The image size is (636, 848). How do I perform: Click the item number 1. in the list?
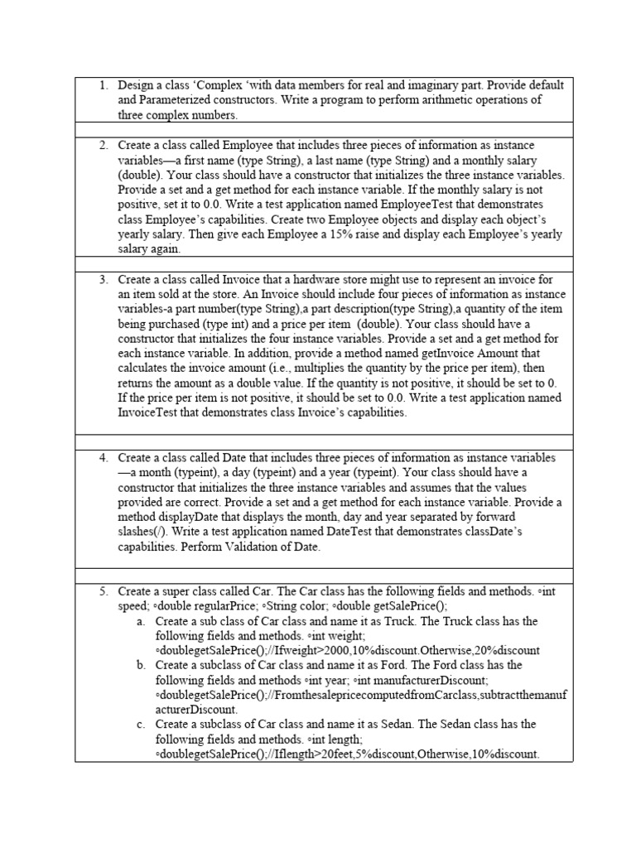pyautogui.click(x=104, y=85)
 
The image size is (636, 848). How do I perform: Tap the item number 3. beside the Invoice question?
pyautogui.click(x=104, y=280)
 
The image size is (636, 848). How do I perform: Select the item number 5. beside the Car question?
pyautogui.click(x=104, y=592)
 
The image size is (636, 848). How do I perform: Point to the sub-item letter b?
pyautogui.click(x=142, y=665)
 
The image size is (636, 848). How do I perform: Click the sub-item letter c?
pyautogui.click(x=142, y=724)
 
